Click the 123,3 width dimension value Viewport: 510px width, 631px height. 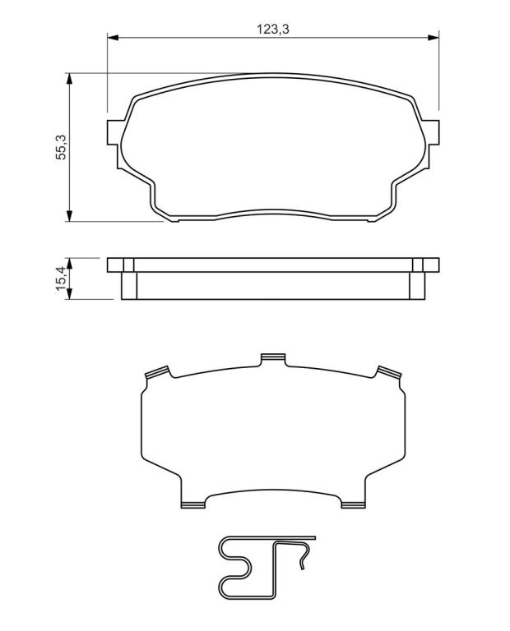273,30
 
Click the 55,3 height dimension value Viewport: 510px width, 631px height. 61,147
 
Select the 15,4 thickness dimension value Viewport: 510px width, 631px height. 61,279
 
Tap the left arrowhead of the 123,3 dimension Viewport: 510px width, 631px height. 113,38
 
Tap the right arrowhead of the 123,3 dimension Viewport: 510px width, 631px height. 433,38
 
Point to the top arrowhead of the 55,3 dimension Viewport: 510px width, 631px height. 70,79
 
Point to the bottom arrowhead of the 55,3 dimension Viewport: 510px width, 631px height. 70,216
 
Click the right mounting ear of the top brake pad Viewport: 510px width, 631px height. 432,132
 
